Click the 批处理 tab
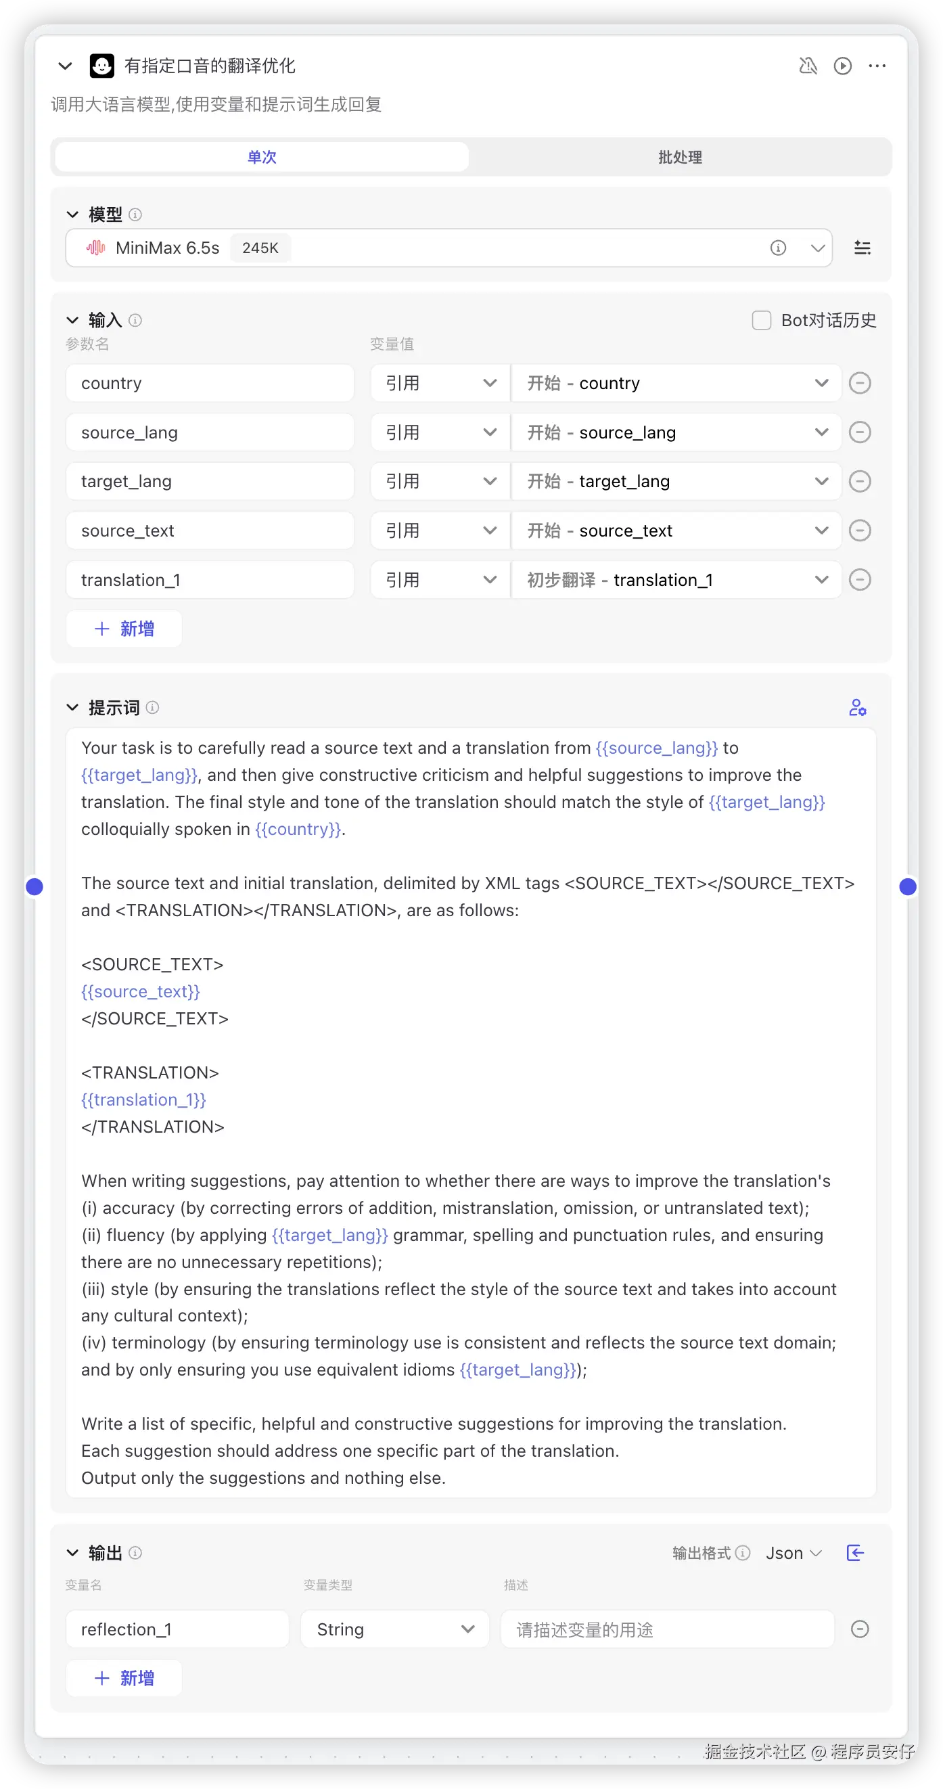pos(679,157)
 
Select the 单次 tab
pos(262,157)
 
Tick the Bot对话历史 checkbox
pos(761,320)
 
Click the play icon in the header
pos(842,66)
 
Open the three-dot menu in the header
pos(877,66)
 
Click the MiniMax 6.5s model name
pos(167,248)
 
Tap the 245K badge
pos(260,248)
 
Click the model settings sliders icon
pos(862,248)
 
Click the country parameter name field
pos(209,384)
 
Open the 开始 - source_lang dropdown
pos(676,432)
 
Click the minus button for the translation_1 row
pos(860,580)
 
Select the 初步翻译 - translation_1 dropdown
pos(676,580)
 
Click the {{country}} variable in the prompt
pos(298,830)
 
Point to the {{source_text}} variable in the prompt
pos(140,992)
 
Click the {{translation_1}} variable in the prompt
pos(143,1100)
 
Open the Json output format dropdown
pos(793,1553)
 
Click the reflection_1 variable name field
pos(177,1629)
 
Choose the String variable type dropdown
pos(394,1629)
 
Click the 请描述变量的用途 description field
pos(666,1629)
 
